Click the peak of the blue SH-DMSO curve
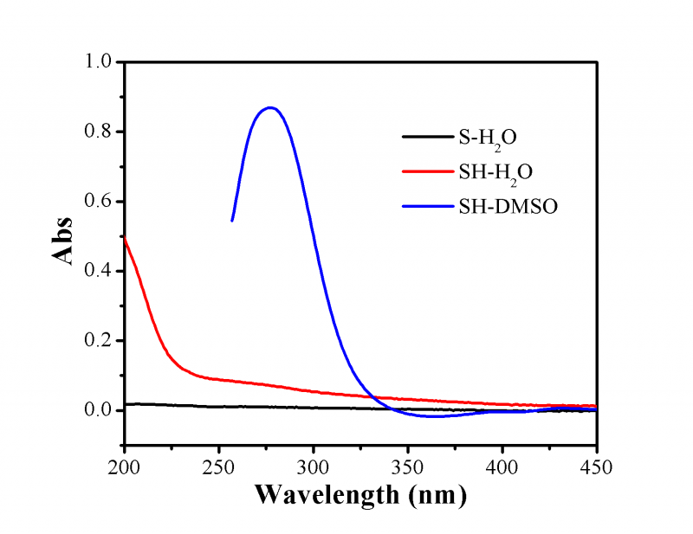pyautogui.click(x=270, y=107)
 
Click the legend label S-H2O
pyautogui.click(x=489, y=138)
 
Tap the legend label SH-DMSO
pyautogui.click(x=504, y=207)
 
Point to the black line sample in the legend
pyautogui.click(x=426, y=137)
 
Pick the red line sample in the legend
pyautogui.click(x=426, y=171)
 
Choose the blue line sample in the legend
pyautogui.click(x=426, y=207)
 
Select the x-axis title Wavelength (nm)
pyautogui.click(x=360, y=496)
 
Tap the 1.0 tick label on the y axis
pyautogui.click(x=100, y=62)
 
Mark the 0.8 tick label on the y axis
pyautogui.click(x=100, y=132)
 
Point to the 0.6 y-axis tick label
pyautogui.click(x=100, y=202)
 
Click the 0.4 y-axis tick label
pyautogui.click(x=100, y=271)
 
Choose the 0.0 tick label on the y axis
pyautogui.click(x=100, y=410)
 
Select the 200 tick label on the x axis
pyautogui.click(x=125, y=467)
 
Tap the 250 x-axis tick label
pyautogui.click(x=219, y=467)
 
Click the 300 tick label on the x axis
pyautogui.click(x=314, y=467)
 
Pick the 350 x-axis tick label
pyautogui.click(x=408, y=467)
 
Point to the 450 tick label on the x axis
pyautogui.click(x=596, y=467)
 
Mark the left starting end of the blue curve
pyautogui.click(x=232, y=221)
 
